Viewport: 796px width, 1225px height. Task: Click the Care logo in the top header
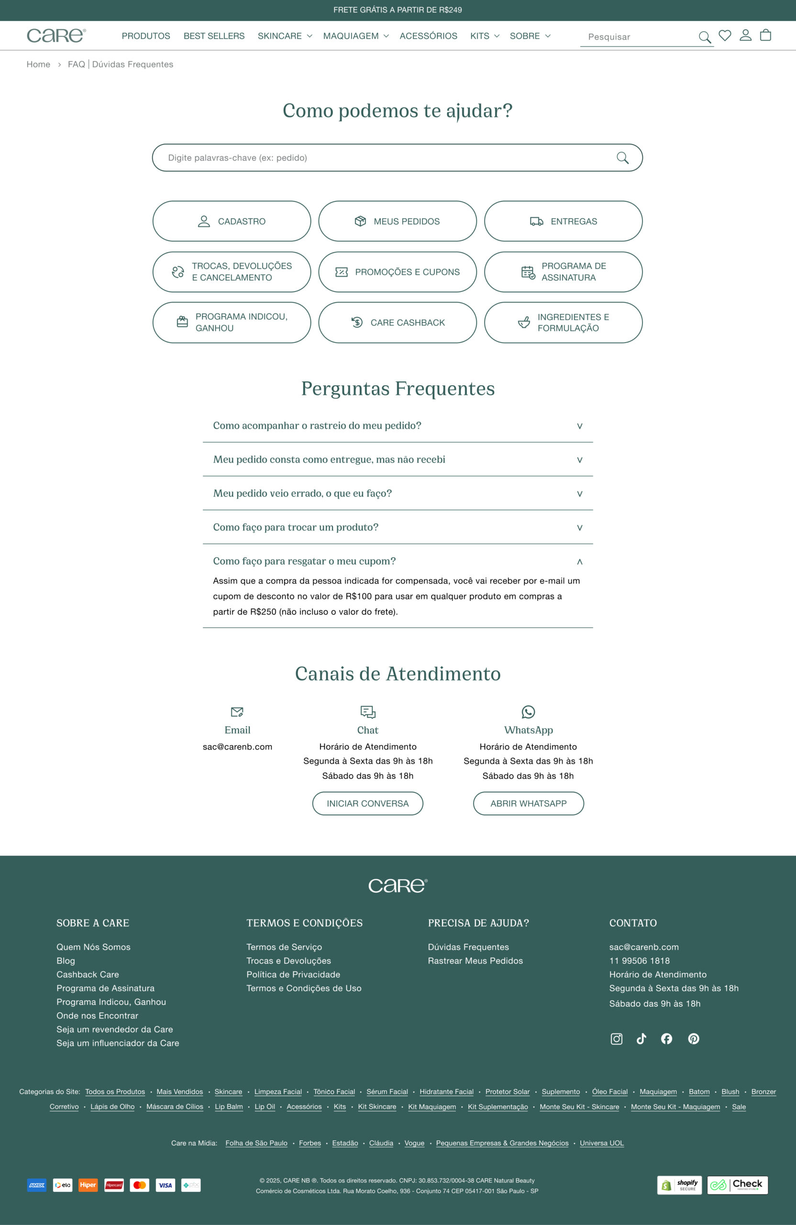pyautogui.click(x=56, y=35)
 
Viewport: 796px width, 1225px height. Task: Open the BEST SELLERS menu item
pyautogui.click(x=214, y=36)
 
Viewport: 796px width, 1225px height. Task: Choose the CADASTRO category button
pyautogui.click(x=232, y=222)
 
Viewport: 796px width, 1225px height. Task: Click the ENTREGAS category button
pyautogui.click(x=563, y=222)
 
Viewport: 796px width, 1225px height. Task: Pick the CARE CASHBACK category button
pyautogui.click(x=397, y=323)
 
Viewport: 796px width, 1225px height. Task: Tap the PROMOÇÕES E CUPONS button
pyautogui.click(x=397, y=272)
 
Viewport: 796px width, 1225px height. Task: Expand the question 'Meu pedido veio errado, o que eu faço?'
pyautogui.click(x=397, y=493)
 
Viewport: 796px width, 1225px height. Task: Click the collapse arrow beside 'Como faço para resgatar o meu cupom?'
pyautogui.click(x=579, y=562)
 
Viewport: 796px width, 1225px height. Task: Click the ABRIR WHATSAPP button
pyautogui.click(x=528, y=803)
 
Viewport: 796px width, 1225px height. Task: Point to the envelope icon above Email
pyautogui.click(x=237, y=712)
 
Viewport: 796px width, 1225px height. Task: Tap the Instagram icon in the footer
pyautogui.click(x=616, y=1039)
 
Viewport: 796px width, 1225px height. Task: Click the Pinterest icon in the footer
pyautogui.click(x=693, y=1039)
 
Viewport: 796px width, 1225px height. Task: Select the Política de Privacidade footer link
pyautogui.click(x=293, y=974)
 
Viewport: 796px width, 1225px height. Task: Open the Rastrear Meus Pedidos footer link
pyautogui.click(x=475, y=960)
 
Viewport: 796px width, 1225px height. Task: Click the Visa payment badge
pyautogui.click(x=165, y=1185)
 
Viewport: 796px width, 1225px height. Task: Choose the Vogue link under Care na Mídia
pyautogui.click(x=414, y=1143)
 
